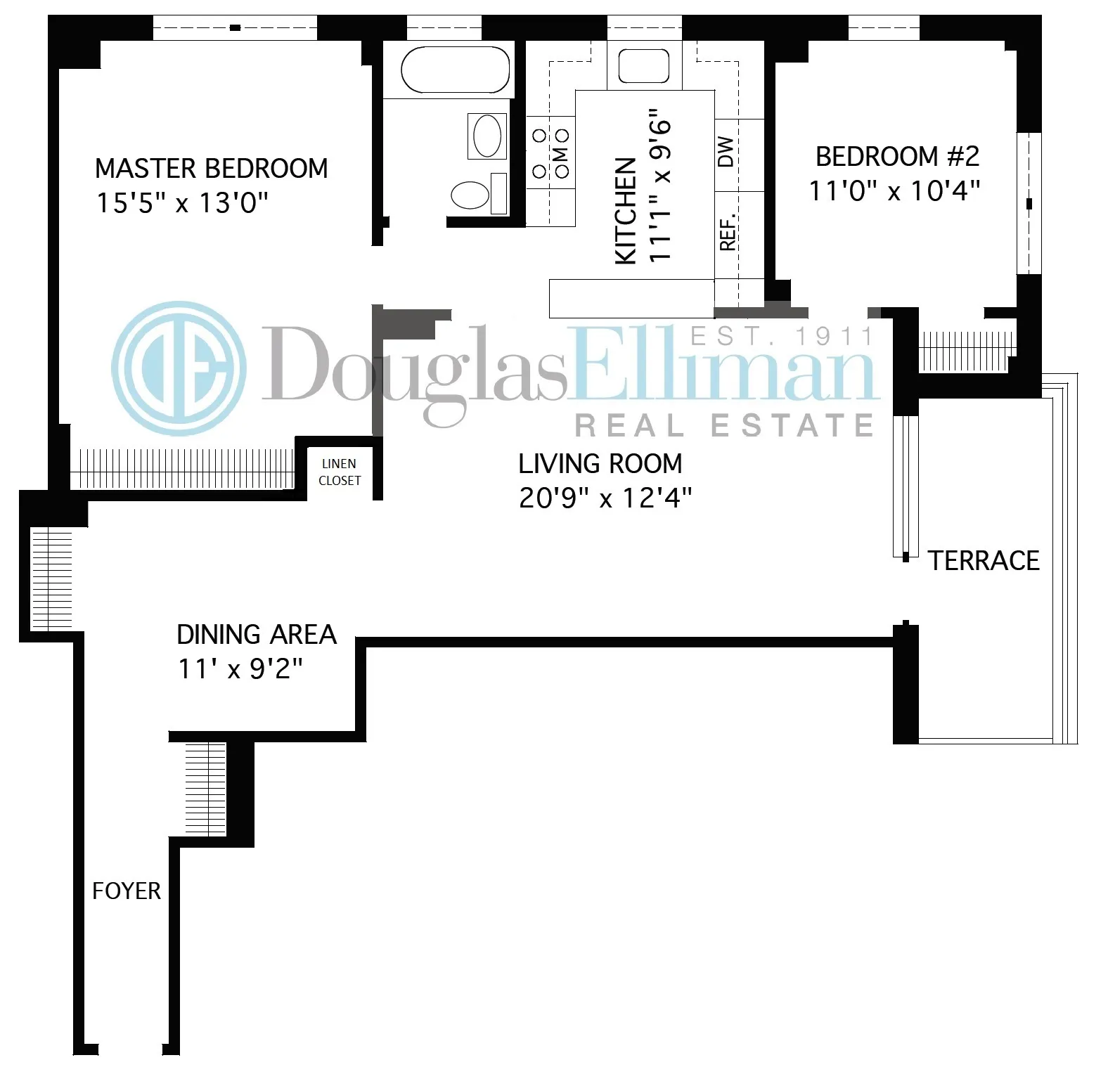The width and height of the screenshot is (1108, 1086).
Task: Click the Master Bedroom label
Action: (211, 169)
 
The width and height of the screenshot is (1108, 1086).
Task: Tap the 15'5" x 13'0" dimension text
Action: (182, 203)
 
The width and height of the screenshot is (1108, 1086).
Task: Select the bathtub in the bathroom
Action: (455, 70)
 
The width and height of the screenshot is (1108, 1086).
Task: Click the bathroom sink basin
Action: (487, 136)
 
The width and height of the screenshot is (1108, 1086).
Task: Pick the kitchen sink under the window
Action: (643, 67)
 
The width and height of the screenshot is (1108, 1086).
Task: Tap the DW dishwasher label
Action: (726, 151)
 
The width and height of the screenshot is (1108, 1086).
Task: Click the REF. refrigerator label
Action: (728, 231)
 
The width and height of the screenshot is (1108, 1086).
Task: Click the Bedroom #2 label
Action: (897, 156)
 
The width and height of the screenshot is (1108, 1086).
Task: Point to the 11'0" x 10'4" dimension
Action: (894, 190)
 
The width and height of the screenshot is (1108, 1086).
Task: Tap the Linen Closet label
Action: (340, 472)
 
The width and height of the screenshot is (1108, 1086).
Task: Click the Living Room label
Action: (600, 464)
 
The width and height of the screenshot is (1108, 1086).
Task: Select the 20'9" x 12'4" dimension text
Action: (605, 498)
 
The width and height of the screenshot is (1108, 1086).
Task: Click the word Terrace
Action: (984, 561)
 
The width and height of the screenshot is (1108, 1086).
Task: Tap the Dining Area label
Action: (257, 635)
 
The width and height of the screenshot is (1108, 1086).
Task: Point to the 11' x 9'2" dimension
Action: (240, 668)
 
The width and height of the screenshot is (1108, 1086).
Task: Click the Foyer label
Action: (127, 891)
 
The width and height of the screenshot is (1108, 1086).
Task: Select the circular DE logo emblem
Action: (180, 369)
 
